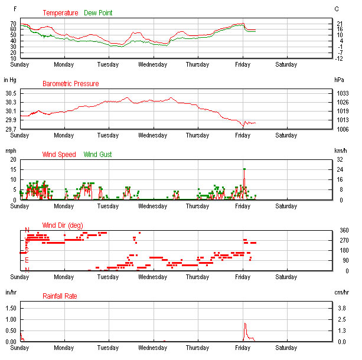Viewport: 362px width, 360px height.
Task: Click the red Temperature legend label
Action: (x=60, y=13)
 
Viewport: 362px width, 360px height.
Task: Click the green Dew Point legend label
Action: (x=98, y=13)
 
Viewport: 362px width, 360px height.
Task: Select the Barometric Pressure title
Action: (x=70, y=84)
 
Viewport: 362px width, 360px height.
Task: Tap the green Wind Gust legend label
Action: (x=97, y=155)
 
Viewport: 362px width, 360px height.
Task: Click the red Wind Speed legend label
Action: (x=59, y=155)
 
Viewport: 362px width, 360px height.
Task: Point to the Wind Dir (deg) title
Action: (x=63, y=225)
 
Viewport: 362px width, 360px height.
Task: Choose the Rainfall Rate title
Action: (x=60, y=296)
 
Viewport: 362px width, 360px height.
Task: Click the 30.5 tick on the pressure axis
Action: (x=10, y=94)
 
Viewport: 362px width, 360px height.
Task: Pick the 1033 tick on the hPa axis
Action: (x=341, y=94)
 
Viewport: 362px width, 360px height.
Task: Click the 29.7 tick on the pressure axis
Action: (x=10, y=129)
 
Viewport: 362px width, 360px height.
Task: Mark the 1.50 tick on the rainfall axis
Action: (x=10, y=308)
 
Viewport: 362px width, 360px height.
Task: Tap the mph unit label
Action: (x=9, y=150)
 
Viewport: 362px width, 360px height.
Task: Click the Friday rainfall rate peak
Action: (x=244, y=323)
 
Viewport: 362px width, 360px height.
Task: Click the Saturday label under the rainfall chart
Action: (x=286, y=348)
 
